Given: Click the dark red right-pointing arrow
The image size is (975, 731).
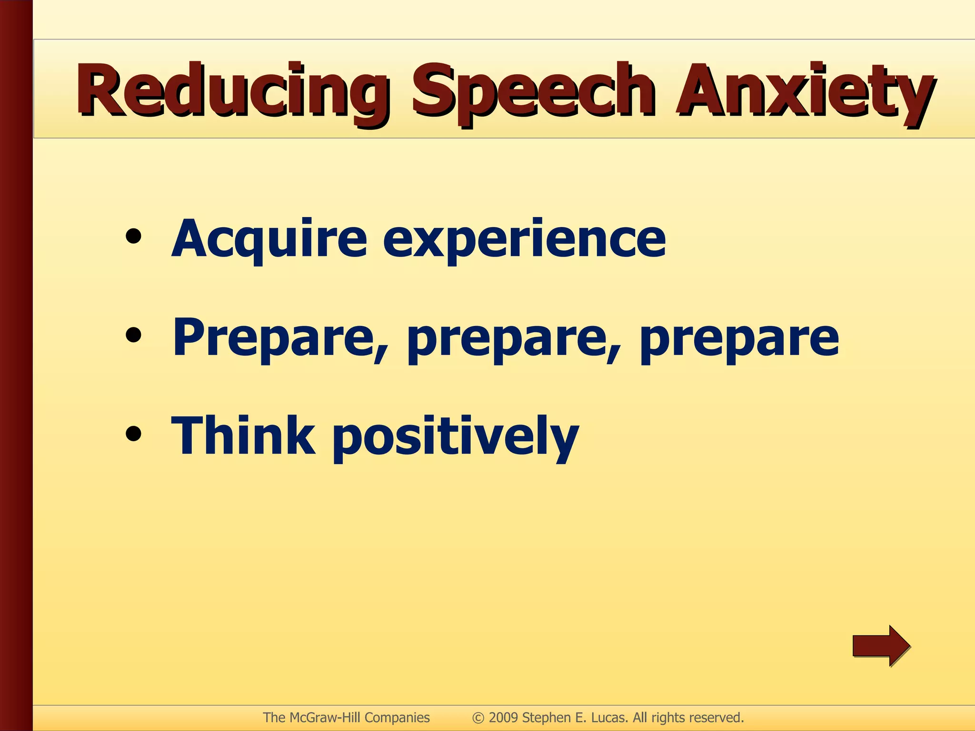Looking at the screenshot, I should point(881,646).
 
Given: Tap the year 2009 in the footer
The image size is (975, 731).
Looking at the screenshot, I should point(503,718).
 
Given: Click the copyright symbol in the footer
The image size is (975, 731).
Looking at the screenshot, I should point(478,718).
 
